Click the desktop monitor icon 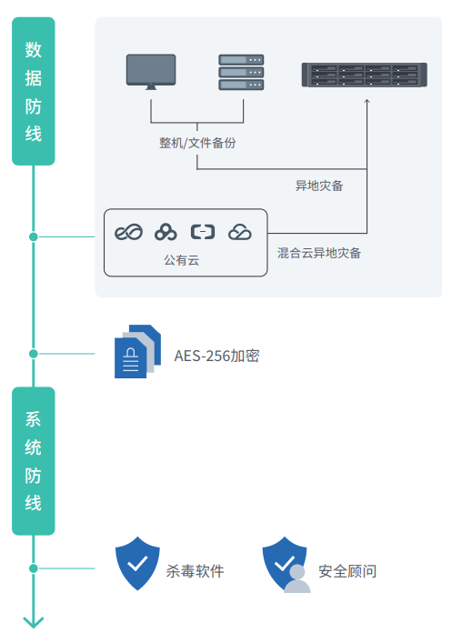click(151, 72)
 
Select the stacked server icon click(241, 72)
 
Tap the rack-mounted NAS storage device click(364, 75)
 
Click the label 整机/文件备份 click(197, 143)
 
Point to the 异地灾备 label click(319, 186)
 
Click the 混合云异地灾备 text click(318, 253)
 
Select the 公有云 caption click(182, 260)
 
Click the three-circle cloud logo click(166, 233)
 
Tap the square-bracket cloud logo click(203, 232)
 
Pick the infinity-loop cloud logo click(129, 233)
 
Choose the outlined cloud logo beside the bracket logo click(240, 233)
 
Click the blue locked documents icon click(137, 351)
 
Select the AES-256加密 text click(216, 356)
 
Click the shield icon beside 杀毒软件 click(137, 564)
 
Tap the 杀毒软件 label click(195, 571)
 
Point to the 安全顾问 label click(347, 571)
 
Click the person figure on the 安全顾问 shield click(297, 579)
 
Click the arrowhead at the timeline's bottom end click(34, 622)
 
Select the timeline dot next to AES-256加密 click(34, 354)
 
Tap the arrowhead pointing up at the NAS click(367, 101)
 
